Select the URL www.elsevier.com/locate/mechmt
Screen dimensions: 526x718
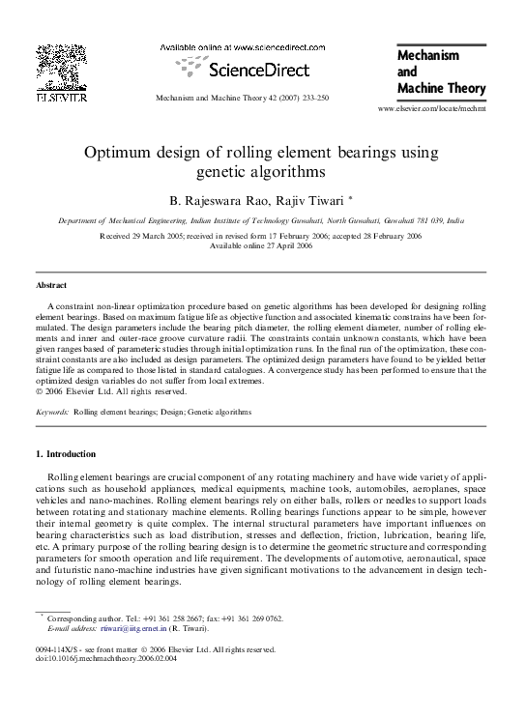point(431,111)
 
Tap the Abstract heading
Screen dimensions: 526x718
point(51,285)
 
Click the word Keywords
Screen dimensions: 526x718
point(51,412)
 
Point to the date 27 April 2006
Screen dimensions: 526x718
point(285,245)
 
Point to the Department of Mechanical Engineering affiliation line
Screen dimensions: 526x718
point(261,220)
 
